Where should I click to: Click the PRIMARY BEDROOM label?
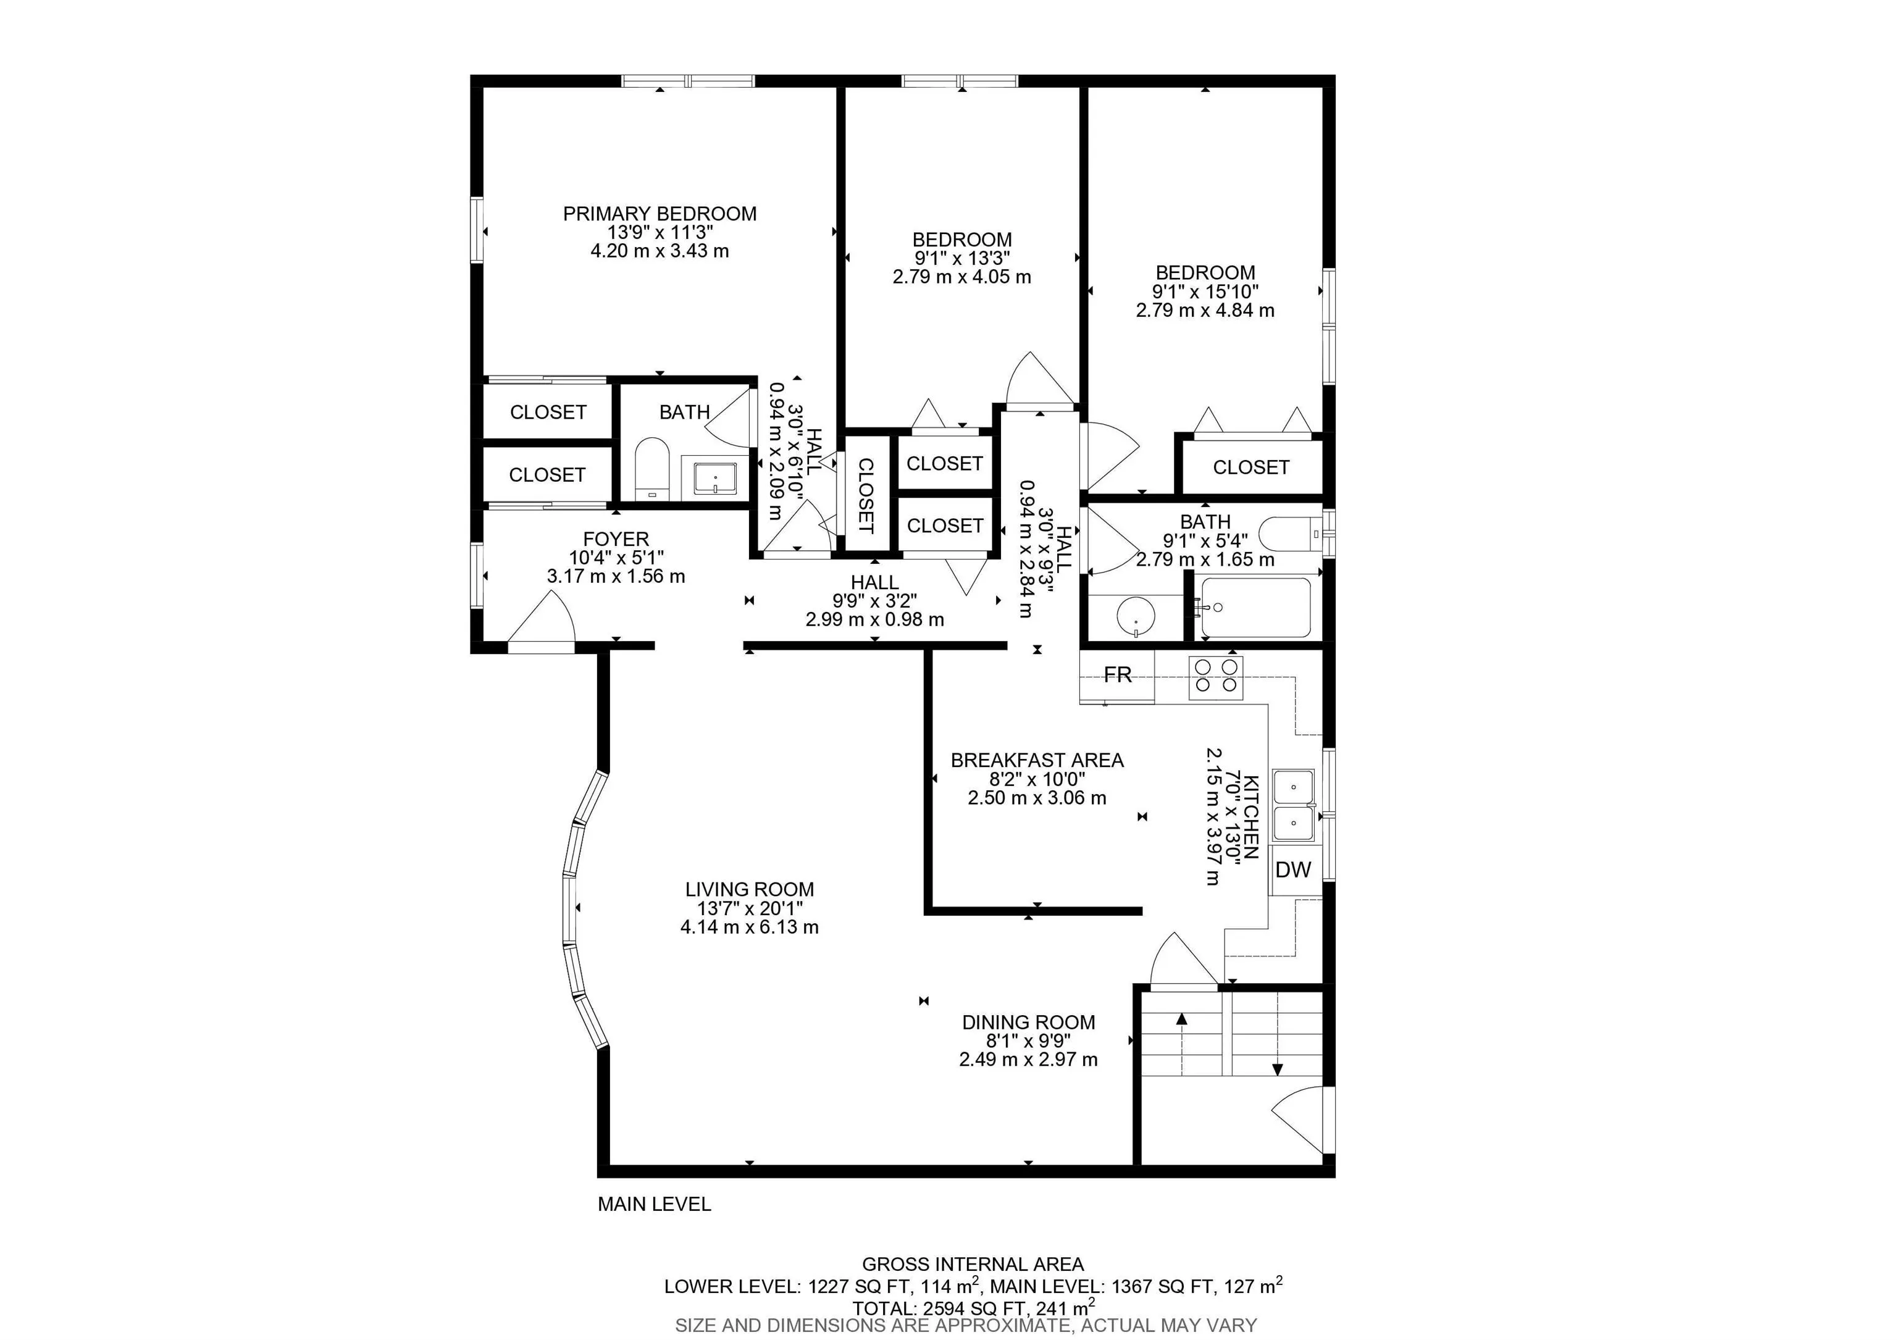660,214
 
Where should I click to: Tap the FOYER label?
616,540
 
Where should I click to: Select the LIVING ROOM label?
750,890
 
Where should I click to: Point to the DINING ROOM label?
1029,1022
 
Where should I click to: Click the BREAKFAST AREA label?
1037,760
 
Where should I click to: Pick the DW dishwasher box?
1294,870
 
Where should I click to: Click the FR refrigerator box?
1117,675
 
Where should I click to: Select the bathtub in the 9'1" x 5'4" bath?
1256,607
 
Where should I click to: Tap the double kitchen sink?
1294,805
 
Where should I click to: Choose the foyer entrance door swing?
541,619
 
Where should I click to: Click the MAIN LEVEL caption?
655,1205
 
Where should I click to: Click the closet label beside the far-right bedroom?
1251,467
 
